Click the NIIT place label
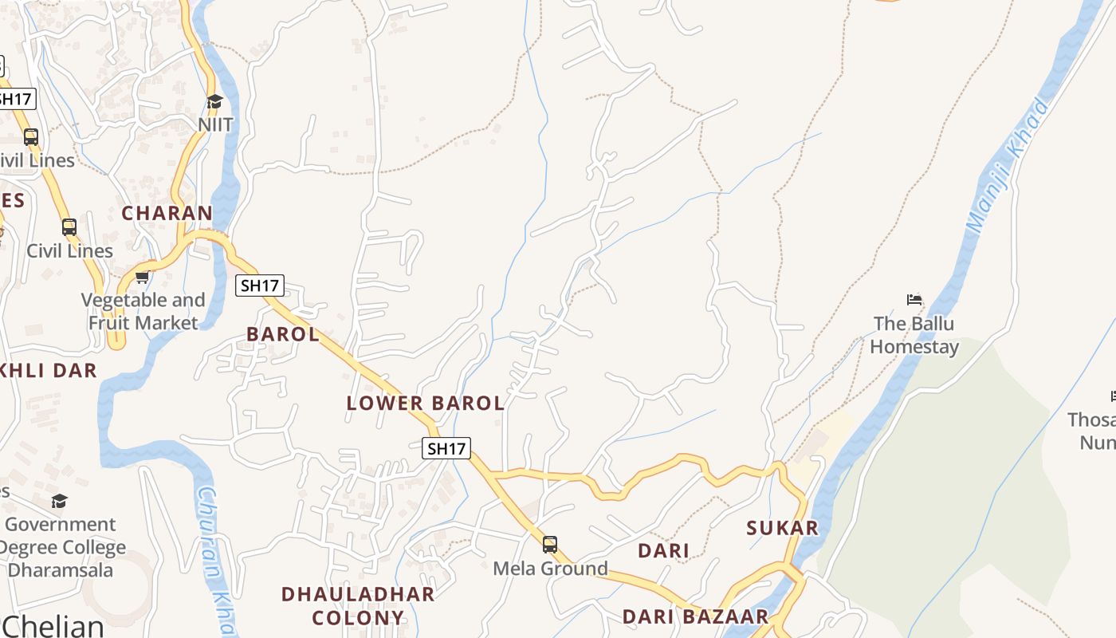coord(215,124)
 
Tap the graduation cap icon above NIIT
coord(214,101)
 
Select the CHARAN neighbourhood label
coord(167,214)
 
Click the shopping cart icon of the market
coord(143,278)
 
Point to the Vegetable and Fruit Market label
coord(143,312)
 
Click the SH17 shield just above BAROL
coord(260,286)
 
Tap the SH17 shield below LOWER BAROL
coord(446,448)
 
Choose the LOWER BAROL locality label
coord(426,404)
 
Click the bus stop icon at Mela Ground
coord(550,545)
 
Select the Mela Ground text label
coord(550,569)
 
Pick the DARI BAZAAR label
coord(695,616)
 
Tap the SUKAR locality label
coord(782,528)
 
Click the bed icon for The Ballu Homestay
coord(914,300)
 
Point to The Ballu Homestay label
coord(914,335)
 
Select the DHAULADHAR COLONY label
coord(358,606)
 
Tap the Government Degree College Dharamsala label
coord(61,547)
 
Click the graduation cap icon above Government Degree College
coord(60,501)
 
